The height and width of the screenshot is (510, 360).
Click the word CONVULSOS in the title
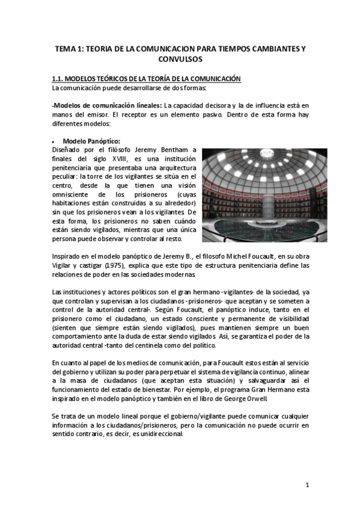coord(180,60)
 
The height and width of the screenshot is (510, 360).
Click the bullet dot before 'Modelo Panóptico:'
coord(53,141)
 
